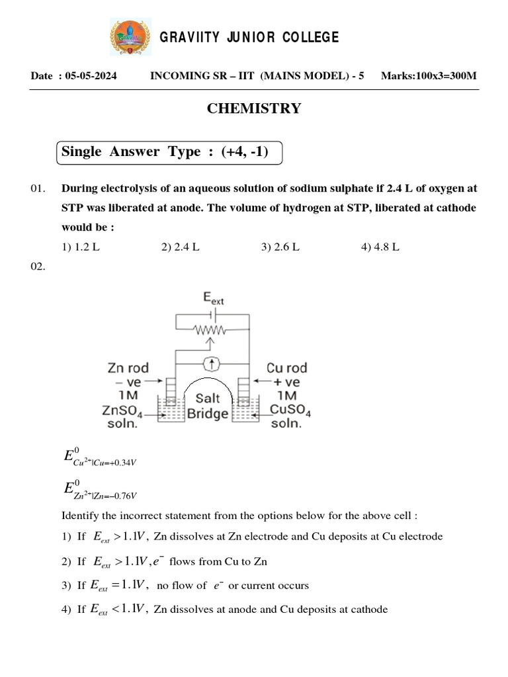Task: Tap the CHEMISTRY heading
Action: [254, 109]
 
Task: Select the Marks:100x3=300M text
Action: [429, 76]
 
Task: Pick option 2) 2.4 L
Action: [180, 247]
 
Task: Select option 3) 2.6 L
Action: [280, 247]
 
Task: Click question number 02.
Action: [38, 266]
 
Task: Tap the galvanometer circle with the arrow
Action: [212, 362]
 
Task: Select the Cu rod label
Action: [286, 368]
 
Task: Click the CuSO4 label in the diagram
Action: [290, 411]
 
